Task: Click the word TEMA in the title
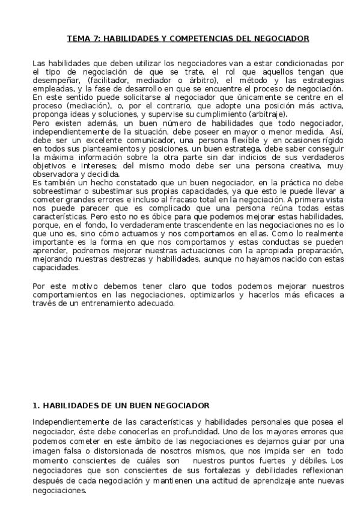point(77,39)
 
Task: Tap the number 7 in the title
point(93,39)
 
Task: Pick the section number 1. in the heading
point(35,406)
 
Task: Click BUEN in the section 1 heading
point(141,406)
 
